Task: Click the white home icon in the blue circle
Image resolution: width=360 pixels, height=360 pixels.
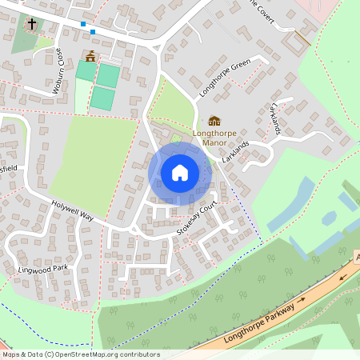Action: (x=180, y=173)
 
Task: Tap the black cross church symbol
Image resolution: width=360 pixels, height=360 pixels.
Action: (x=31, y=24)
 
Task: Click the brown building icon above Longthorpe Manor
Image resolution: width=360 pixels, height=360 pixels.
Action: (x=214, y=120)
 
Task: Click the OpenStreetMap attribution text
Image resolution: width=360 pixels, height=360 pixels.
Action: (x=81, y=354)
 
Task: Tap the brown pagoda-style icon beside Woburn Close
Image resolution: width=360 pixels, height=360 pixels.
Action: (x=90, y=56)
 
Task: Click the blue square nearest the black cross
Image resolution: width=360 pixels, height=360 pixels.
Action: (x=83, y=24)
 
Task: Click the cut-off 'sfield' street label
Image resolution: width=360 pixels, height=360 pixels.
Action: (x=9, y=169)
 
